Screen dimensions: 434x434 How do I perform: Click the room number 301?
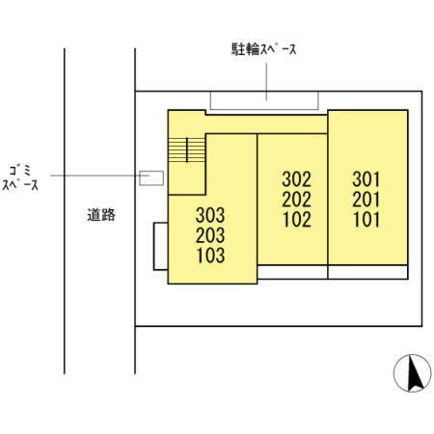366,179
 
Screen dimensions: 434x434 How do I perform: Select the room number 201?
366,199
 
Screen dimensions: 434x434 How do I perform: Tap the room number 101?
366,218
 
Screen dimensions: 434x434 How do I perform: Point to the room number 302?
296,179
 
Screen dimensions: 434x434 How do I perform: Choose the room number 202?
296,199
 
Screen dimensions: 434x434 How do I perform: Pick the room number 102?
296,218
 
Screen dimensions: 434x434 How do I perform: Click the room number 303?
209,216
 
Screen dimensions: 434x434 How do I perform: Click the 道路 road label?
100,216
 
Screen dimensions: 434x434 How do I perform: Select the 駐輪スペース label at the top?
261,49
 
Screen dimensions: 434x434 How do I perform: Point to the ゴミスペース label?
20,176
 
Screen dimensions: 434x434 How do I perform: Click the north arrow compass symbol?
414,372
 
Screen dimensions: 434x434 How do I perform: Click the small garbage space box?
150,176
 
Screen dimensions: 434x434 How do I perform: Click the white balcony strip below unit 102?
292,272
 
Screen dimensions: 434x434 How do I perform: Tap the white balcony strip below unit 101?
367,272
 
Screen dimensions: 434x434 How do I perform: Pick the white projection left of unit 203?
160,247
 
